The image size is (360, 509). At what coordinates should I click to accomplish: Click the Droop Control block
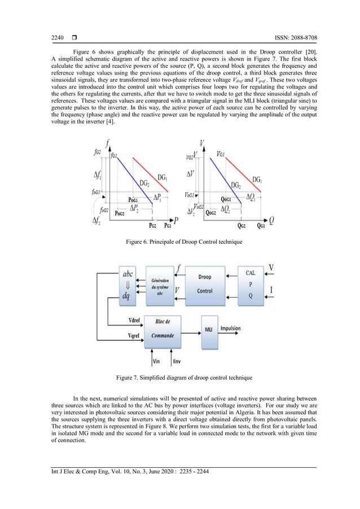coord(205,284)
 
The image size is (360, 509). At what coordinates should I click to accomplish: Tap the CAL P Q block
coord(251,284)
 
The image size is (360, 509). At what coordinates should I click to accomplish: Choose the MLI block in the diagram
coord(208,328)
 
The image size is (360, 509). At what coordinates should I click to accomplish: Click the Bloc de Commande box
coord(165,328)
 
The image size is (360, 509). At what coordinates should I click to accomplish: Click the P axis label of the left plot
coord(177,219)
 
